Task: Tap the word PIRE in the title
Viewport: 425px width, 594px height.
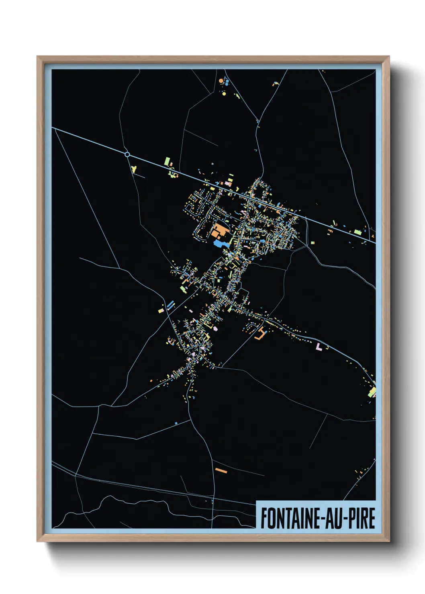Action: (x=361, y=518)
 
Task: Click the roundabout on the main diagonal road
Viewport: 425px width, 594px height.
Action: (x=127, y=154)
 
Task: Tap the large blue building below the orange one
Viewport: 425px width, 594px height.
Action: (x=219, y=243)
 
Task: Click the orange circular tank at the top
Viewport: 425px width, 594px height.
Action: (x=221, y=81)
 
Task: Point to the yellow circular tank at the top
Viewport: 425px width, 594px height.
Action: (x=224, y=94)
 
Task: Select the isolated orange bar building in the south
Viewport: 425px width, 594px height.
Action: (x=221, y=470)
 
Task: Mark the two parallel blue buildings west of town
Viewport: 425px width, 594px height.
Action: (x=170, y=305)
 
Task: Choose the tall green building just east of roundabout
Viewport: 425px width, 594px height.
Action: (x=166, y=162)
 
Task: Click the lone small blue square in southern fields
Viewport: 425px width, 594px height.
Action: (x=176, y=423)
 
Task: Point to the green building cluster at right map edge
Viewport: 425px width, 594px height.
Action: (x=372, y=391)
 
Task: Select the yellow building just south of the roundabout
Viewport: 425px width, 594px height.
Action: (x=134, y=169)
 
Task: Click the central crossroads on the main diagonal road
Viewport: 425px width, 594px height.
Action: (x=249, y=197)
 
